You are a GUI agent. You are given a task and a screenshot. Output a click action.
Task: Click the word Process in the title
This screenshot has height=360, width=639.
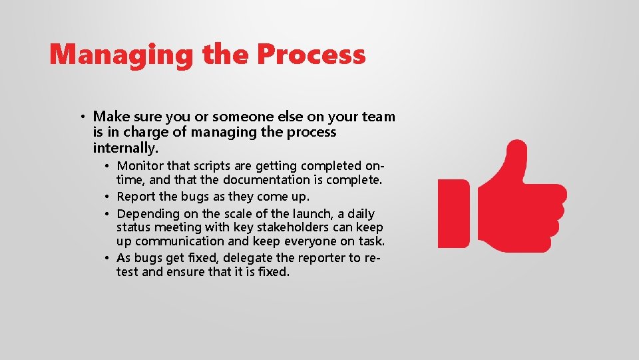click(312, 54)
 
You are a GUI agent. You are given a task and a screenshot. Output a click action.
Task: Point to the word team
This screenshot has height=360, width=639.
click(379, 117)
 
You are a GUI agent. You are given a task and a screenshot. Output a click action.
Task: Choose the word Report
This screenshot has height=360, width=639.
click(136, 197)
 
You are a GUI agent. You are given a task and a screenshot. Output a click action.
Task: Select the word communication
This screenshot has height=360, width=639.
click(180, 241)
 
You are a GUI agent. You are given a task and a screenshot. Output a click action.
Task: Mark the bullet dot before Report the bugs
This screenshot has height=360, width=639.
click(107, 197)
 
